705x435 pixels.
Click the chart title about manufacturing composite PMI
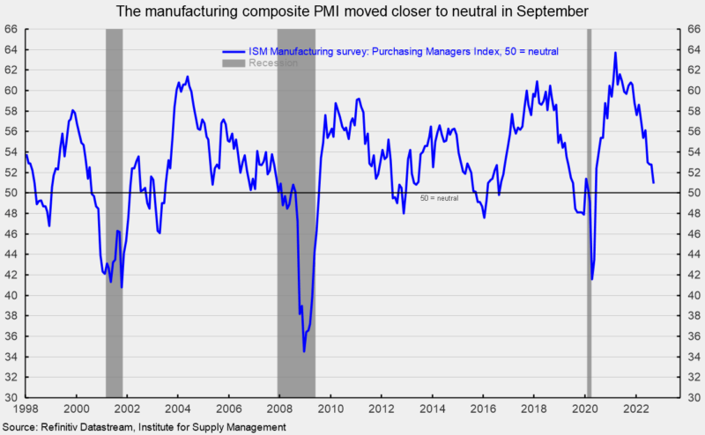352,11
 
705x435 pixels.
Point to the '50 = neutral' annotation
439,198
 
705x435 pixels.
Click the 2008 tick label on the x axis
279,408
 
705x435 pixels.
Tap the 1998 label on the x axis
25,408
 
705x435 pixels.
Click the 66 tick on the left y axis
13,29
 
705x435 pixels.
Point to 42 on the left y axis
13,275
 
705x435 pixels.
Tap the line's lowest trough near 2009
304,351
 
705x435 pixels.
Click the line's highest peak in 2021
615,53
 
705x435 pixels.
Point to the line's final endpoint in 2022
653,182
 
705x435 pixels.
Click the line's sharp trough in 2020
592,279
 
